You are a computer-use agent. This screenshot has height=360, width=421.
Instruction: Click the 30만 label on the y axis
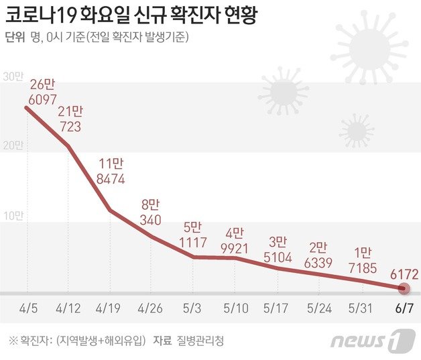pos(13,76)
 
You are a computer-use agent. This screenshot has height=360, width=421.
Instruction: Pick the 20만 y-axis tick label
pos(13,145)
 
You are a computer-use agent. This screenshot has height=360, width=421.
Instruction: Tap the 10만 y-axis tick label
pos(13,215)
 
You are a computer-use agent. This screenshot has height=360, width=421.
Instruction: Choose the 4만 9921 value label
pos(236,241)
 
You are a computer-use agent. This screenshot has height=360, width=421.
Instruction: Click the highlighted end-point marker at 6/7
pos(404,289)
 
